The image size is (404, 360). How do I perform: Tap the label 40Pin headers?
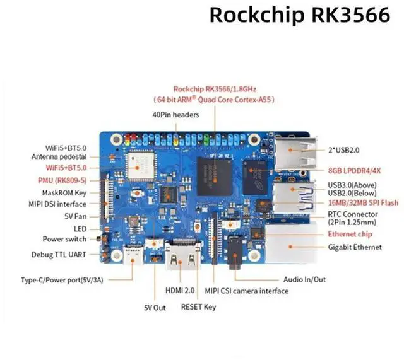(x=175, y=115)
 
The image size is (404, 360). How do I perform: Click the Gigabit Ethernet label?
(x=354, y=247)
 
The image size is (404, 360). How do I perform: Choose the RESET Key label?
(x=198, y=307)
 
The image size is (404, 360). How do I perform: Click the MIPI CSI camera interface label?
(x=251, y=291)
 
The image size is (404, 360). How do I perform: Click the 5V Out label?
(x=154, y=308)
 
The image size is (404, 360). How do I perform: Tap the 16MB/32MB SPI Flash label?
(x=354, y=203)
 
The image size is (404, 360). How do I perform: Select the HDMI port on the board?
(x=179, y=255)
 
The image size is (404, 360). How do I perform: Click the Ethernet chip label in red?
(x=349, y=234)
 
